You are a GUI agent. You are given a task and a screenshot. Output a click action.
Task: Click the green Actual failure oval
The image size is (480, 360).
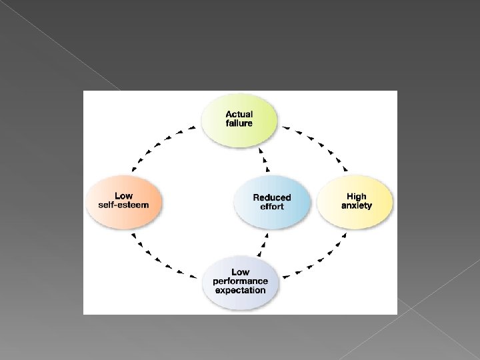(239, 120)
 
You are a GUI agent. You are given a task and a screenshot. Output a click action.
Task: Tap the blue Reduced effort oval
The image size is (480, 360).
(272, 202)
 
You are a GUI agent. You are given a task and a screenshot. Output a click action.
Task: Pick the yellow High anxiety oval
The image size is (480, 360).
(355, 201)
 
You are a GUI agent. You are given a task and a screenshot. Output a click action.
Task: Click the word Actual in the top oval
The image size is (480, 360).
(239, 115)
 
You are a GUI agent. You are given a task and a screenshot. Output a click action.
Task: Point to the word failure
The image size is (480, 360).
(239, 124)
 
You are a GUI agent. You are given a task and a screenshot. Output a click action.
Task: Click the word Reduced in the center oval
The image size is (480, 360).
(272, 197)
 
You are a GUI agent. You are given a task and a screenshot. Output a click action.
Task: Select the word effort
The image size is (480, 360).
(272, 207)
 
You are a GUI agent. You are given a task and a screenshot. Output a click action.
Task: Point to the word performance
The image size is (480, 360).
(240, 281)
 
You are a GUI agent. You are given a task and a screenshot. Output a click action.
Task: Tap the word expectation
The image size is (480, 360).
(240, 291)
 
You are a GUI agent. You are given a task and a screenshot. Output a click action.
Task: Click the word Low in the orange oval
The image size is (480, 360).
(124, 196)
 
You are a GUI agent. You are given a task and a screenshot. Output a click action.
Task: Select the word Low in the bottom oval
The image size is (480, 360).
(240, 272)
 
